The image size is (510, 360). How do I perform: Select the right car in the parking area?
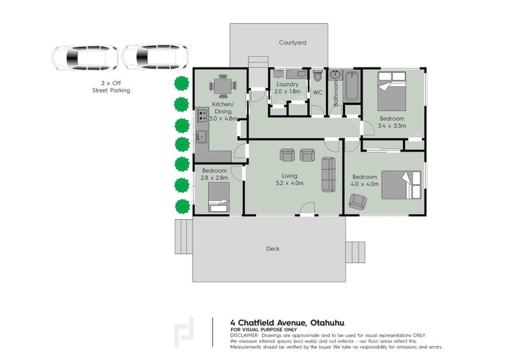(154, 59)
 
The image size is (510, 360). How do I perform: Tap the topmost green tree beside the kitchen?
(182, 83)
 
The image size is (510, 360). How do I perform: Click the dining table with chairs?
(222, 86)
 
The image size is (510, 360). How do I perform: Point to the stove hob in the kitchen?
(201, 116)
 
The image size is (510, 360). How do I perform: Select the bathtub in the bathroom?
(351, 87)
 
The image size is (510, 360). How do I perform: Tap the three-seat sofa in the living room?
(329, 174)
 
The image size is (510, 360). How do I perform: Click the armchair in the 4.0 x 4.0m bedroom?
(357, 203)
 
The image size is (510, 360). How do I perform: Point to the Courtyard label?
(293, 43)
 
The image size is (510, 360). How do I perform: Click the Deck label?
(273, 248)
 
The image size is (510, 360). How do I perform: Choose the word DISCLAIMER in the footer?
(244, 335)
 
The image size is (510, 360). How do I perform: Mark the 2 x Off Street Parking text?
(111, 87)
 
